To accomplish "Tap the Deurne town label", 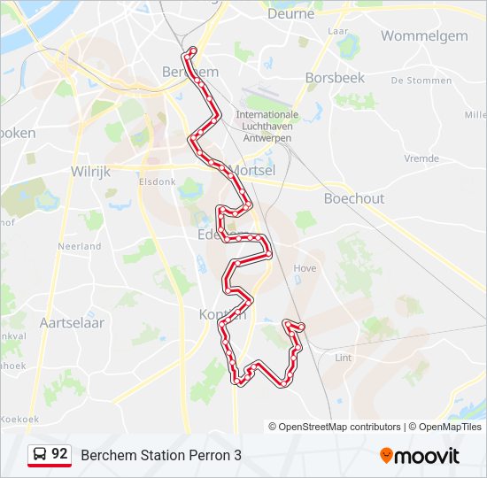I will [x=290, y=14].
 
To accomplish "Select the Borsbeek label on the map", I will [x=335, y=78].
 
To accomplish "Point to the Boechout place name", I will [x=354, y=198].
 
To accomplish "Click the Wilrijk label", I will [x=90, y=172].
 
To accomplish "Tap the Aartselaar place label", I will [x=72, y=323].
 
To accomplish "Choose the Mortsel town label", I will [x=253, y=169].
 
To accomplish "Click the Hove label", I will [x=305, y=267].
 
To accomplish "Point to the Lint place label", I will [x=344, y=358].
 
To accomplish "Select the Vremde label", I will [x=421, y=158].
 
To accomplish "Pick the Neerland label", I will [x=80, y=246].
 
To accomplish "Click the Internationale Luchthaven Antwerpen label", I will [x=267, y=126].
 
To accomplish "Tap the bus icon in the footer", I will [x=40, y=455].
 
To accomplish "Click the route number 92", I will [x=59, y=454].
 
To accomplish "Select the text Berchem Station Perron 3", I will [x=161, y=456].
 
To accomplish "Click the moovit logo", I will [x=420, y=456].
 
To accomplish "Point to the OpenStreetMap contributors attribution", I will [x=340, y=427].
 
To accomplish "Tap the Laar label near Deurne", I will [x=337, y=30].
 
